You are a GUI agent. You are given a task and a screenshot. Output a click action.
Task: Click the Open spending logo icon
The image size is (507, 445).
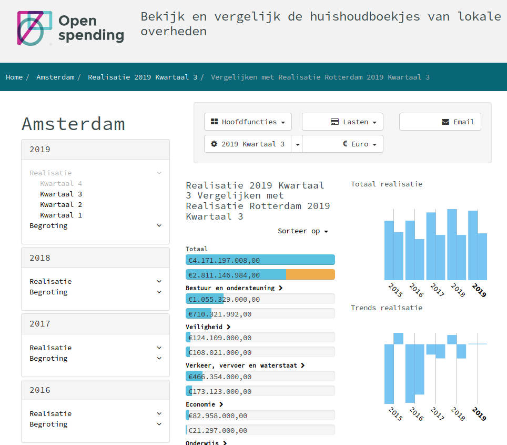[x=35, y=28]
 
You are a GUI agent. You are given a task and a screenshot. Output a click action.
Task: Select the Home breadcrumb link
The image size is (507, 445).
[x=14, y=77]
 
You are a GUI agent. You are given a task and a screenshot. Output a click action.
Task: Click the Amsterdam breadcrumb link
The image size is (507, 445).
[x=55, y=77]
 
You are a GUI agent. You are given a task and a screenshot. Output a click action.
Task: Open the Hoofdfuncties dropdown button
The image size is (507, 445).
[x=248, y=122]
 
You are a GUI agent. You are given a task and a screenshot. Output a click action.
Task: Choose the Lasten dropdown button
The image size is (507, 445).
[x=342, y=122]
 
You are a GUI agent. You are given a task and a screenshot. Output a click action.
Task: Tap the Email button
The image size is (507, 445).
[x=440, y=122]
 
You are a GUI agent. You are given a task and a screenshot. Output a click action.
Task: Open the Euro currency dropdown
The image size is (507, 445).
[x=342, y=144]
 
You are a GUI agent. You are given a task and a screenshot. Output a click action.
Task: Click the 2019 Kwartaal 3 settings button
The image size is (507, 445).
[x=248, y=144]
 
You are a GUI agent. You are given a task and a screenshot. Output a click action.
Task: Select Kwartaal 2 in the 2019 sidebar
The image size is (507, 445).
[x=61, y=205]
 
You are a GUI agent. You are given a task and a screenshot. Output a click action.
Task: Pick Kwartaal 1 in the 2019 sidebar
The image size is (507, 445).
[x=61, y=215]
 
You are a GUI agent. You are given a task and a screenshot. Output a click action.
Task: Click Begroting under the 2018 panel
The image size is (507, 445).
[x=49, y=292]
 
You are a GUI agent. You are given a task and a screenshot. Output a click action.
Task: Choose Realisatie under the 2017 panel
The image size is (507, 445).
[x=50, y=348]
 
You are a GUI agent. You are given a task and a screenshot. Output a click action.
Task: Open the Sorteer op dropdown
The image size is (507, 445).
[x=303, y=231]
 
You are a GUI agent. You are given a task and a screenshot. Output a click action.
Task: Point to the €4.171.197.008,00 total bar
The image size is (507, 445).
[x=260, y=260]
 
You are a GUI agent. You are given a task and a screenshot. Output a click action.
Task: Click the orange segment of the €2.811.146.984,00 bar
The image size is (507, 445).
[x=310, y=275]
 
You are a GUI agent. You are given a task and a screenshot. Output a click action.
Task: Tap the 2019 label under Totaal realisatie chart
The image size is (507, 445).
[x=479, y=291]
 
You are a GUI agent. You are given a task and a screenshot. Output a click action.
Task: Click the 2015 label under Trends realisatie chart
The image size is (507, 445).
[x=395, y=414]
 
